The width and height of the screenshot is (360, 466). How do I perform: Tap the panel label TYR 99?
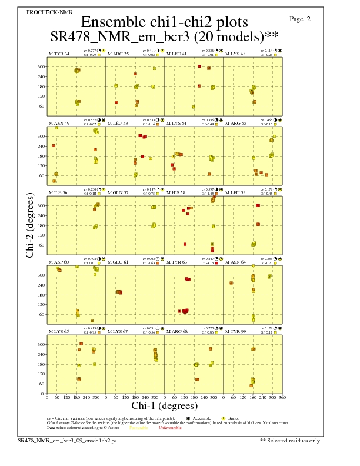(236, 331)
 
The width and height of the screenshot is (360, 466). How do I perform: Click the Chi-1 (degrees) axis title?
(164, 406)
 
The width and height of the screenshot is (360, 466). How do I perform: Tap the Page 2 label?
(301, 19)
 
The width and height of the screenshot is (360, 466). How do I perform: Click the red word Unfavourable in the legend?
(170, 428)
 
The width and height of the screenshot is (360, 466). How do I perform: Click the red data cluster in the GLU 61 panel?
(119, 292)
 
